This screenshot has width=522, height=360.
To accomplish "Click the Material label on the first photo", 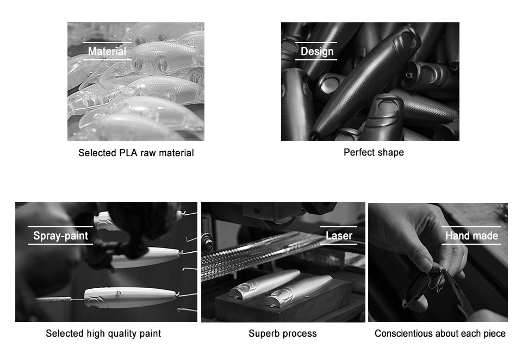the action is pos(107,51).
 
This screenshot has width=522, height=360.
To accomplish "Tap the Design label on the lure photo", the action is pos(317,51).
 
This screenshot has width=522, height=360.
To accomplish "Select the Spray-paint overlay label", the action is pos(60,236).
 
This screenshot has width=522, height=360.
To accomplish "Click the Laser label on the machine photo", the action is pos(339,236).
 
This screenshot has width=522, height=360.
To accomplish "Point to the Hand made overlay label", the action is pos(472,236).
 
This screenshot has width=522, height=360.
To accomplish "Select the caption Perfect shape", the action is pos(374,152).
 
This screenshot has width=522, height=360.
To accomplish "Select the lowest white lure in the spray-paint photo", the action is pos(130,297).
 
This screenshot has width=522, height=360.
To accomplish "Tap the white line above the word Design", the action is pos(316,42).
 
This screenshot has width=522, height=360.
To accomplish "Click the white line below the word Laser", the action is pos(339,244).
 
